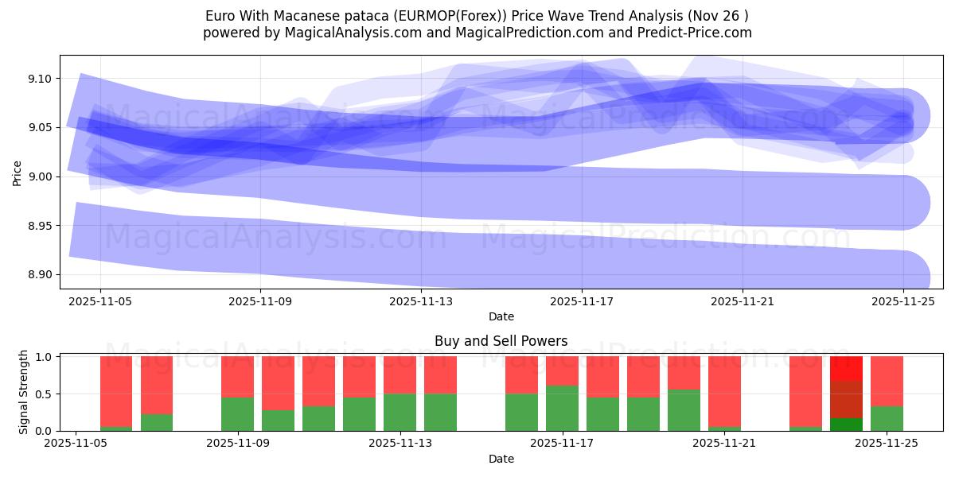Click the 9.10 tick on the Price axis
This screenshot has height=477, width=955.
click(x=40, y=79)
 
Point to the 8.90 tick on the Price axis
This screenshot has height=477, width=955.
click(x=40, y=275)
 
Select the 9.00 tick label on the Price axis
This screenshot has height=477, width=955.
click(x=40, y=176)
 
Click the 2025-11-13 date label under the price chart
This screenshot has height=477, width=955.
click(x=421, y=302)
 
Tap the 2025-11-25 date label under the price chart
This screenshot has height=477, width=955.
click(x=903, y=302)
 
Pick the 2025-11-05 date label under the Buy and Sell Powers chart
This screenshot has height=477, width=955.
click(x=76, y=444)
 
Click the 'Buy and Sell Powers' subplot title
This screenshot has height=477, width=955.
click(x=501, y=341)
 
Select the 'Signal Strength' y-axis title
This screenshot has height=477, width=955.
click(x=24, y=391)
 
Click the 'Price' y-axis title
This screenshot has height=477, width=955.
click(x=18, y=173)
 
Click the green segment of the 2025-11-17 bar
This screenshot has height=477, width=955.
click(x=562, y=408)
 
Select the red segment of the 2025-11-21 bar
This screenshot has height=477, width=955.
click(x=724, y=390)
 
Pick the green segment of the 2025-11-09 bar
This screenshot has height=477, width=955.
click(x=237, y=413)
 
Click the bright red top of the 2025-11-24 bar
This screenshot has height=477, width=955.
click(x=846, y=367)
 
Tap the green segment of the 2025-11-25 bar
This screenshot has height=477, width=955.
click(x=887, y=418)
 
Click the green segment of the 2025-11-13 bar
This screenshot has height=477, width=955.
click(x=400, y=412)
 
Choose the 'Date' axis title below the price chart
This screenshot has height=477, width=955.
click(x=501, y=316)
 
